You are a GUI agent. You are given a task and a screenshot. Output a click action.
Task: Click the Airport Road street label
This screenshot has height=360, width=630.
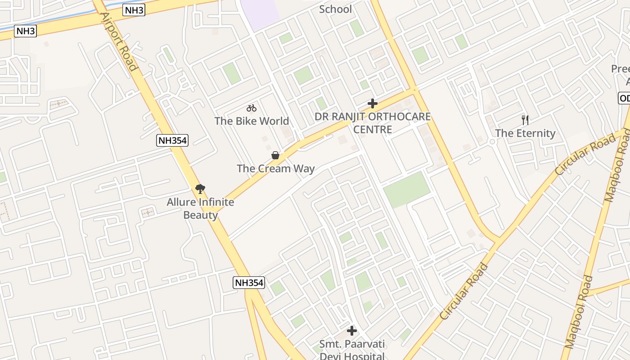click(x=118, y=41)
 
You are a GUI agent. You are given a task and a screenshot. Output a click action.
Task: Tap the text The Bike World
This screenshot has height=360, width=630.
click(x=252, y=121)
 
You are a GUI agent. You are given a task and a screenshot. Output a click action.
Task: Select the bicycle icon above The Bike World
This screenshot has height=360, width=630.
click(x=252, y=108)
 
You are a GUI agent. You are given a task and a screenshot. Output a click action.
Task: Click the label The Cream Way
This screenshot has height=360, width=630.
click(x=275, y=169)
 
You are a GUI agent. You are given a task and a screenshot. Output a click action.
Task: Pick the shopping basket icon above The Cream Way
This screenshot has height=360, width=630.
click(x=275, y=156)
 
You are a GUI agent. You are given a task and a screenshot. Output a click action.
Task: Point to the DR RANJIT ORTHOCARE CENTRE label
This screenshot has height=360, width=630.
click(x=372, y=123)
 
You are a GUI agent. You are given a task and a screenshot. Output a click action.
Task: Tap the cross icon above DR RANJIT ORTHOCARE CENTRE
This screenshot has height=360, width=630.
click(x=372, y=103)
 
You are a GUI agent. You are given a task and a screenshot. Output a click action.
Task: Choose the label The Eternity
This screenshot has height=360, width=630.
click(x=525, y=133)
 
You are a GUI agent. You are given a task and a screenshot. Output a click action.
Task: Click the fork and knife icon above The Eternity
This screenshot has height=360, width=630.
click(x=525, y=120)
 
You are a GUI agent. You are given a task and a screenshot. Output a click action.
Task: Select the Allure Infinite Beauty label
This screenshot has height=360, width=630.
click(x=200, y=208)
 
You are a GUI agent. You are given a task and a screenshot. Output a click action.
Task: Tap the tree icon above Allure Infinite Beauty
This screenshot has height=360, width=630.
click(x=200, y=189)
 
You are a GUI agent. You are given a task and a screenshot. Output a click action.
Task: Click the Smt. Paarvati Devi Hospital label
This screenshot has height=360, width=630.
click(x=352, y=350)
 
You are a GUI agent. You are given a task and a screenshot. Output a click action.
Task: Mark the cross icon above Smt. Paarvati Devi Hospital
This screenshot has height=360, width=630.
click(x=352, y=331)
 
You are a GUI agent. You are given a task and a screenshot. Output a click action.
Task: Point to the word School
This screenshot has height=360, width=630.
click(x=335, y=9)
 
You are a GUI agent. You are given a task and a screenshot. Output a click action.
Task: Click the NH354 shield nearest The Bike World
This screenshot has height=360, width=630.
click(x=172, y=140)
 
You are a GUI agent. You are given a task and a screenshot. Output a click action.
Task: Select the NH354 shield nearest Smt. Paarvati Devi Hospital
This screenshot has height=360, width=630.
click(x=249, y=283)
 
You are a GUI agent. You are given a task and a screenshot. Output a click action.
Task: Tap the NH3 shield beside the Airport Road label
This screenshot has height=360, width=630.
click(x=134, y=10)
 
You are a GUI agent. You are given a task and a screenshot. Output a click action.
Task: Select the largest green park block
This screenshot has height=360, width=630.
click(x=407, y=189)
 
